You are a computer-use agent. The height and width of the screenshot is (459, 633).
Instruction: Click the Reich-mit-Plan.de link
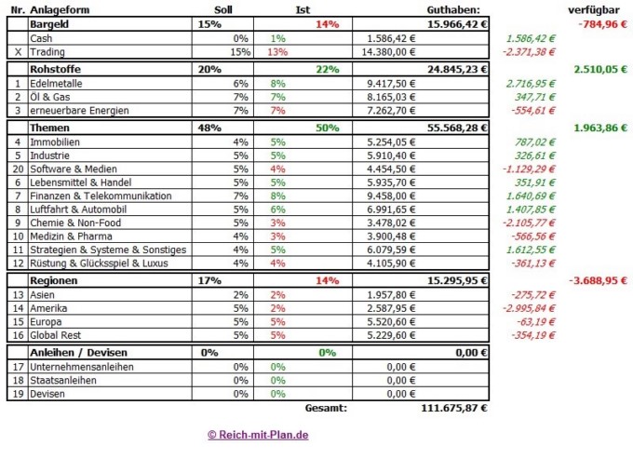[x=258, y=435]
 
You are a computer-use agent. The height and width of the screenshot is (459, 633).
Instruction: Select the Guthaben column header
[x=453, y=9]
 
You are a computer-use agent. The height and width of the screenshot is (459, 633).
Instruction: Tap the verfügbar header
[x=594, y=10]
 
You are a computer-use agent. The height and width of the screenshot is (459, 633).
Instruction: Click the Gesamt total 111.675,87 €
[x=454, y=408]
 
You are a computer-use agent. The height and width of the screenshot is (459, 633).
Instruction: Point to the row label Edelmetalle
[x=56, y=84]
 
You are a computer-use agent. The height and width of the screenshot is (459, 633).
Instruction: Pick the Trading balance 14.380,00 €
[x=388, y=52]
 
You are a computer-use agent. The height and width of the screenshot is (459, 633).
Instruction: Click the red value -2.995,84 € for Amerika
[x=529, y=308]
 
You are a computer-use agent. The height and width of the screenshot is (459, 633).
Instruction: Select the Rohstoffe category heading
[x=55, y=69]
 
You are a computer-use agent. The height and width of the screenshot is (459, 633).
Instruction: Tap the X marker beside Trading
[x=19, y=52]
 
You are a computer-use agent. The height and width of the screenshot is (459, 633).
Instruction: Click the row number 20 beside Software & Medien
[x=19, y=169]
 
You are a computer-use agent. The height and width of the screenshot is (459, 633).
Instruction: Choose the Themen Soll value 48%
[x=209, y=128]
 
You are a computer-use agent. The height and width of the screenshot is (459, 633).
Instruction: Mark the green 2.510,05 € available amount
[x=600, y=70]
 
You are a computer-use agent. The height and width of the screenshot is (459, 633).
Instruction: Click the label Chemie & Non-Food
[x=75, y=223]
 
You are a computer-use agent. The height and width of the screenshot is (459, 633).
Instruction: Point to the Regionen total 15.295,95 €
[x=457, y=280]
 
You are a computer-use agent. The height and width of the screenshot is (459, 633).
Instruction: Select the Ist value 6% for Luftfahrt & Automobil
[x=277, y=209]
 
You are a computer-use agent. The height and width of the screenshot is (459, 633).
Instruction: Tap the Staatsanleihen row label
[x=63, y=380]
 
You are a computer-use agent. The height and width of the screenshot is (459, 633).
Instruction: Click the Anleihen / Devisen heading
[x=78, y=353]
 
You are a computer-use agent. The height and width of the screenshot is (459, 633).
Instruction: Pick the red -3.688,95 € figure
[x=599, y=280]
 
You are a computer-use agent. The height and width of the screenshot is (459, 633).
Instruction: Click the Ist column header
[x=303, y=9]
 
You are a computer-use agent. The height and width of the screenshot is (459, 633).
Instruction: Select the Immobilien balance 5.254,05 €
[x=391, y=142]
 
